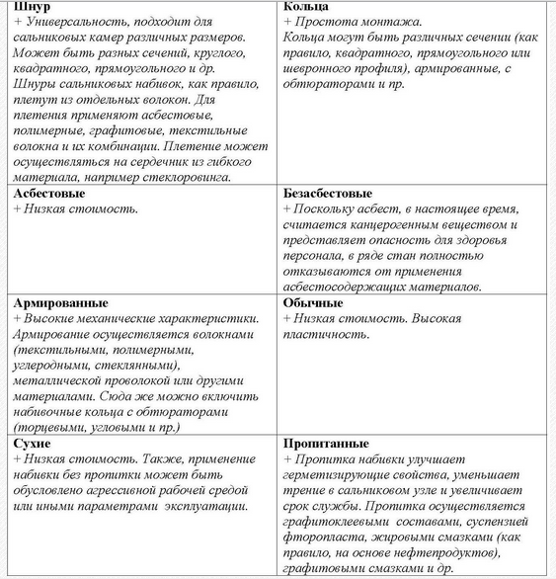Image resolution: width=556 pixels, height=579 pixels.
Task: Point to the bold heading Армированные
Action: [x=59, y=302]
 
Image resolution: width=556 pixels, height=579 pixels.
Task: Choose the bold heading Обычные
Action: [x=313, y=302]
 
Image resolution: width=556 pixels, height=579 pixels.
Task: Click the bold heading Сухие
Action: [x=33, y=444]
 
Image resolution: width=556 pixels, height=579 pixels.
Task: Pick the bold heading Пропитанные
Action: [x=325, y=444]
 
